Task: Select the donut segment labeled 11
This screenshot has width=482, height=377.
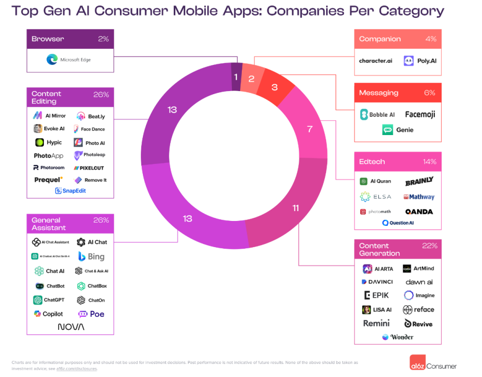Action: pos(295,208)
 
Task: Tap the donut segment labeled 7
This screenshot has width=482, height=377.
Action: pos(309,129)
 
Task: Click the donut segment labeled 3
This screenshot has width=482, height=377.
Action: pos(275,87)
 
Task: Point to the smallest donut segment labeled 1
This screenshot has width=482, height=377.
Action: pos(236,77)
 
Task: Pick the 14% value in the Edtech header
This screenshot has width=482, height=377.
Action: pos(429,162)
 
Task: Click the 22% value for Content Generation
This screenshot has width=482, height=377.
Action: pos(429,246)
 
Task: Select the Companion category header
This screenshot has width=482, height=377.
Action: pos(380,39)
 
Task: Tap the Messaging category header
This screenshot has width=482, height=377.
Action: pos(378,93)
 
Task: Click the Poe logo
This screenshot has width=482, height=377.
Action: pos(91,314)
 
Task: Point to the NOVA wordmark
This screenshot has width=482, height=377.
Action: pos(71,327)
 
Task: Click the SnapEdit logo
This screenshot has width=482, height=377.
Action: pos(70,191)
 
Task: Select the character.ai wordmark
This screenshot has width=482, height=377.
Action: pos(375,61)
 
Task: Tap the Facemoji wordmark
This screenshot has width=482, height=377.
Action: pos(420,114)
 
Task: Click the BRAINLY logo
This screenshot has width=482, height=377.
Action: pos(419,182)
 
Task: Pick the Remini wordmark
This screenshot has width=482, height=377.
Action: pos(376,324)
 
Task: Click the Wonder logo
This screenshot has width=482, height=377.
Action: pos(397,337)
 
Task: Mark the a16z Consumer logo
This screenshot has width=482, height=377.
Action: pos(433,365)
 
